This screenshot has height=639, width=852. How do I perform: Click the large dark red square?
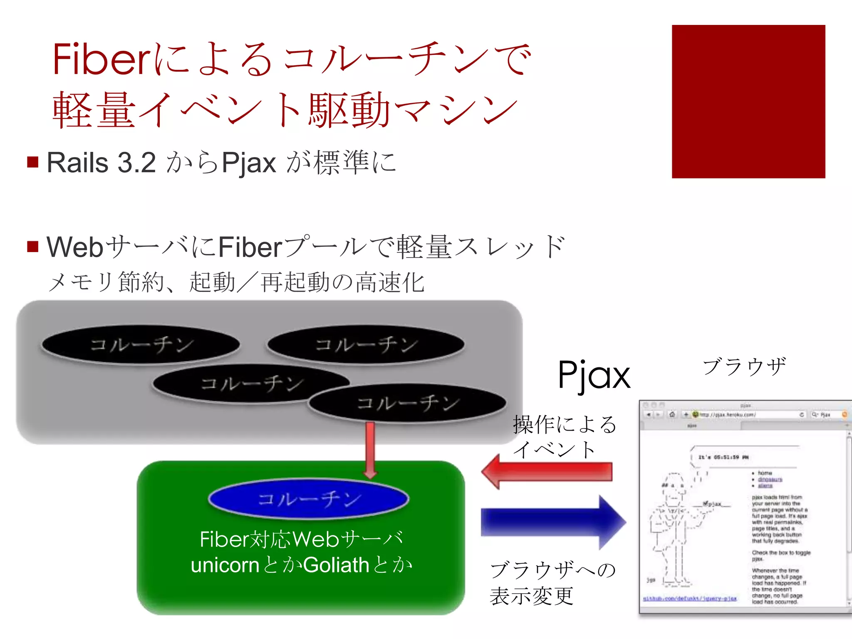tap(748, 102)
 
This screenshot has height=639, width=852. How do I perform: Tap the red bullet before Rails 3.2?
tap(33, 162)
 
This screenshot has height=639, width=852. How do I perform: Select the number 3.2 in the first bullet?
tap(136, 163)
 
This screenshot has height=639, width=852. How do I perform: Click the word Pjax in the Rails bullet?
tap(249, 163)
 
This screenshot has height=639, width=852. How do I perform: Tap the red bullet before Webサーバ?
tap(33, 246)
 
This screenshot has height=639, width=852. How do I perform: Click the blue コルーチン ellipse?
tap(308, 499)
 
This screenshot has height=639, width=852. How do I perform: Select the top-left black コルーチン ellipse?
tap(141, 344)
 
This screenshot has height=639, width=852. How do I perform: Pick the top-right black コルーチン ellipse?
tap(366, 344)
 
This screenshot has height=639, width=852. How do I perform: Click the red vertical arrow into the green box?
tap(370, 449)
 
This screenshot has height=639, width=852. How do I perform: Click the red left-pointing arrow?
tap(546, 472)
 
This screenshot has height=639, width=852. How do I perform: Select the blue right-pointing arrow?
tap(553, 522)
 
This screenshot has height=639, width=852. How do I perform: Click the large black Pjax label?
tap(594, 375)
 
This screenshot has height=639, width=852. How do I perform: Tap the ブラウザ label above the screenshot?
tap(744, 367)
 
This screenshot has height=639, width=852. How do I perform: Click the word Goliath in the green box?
tap(336, 565)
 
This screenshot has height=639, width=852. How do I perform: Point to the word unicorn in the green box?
tap(225, 565)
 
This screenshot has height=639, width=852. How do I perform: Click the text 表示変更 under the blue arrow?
tap(531, 596)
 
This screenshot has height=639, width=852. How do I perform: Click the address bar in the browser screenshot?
tap(745, 414)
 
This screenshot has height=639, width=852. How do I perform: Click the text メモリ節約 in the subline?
tap(106, 282)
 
